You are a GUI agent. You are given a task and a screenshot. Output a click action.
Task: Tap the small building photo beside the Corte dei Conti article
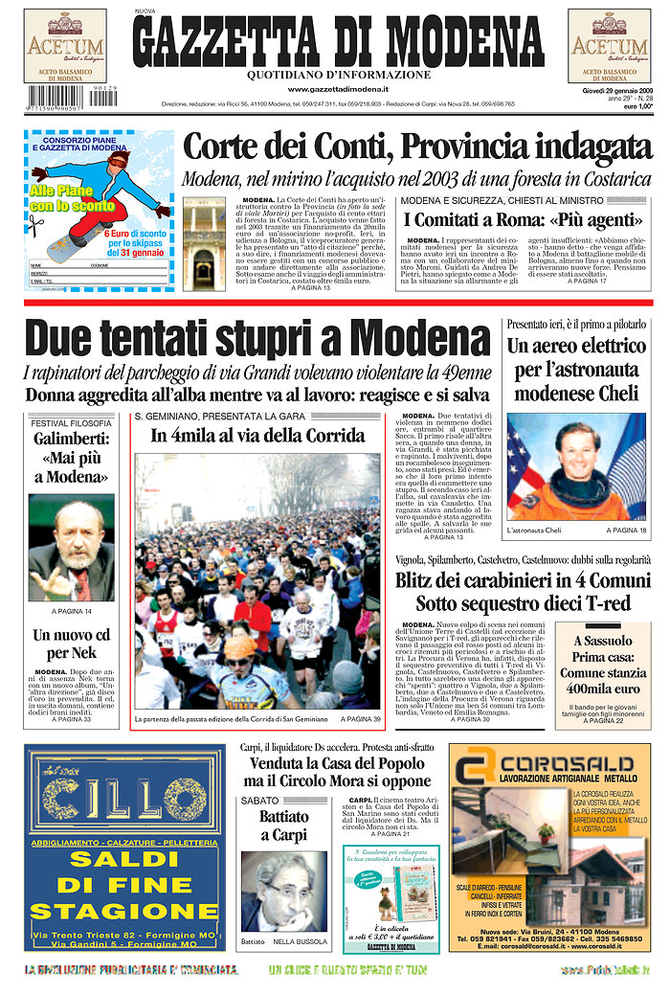204,243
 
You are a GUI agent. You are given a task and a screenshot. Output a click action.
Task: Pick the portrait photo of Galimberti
71,549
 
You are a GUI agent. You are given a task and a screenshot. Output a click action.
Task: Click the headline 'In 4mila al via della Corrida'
258,436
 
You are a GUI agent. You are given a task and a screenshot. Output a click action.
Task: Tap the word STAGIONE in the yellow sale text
125,911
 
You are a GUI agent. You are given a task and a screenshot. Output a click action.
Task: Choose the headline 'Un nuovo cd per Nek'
71,644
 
